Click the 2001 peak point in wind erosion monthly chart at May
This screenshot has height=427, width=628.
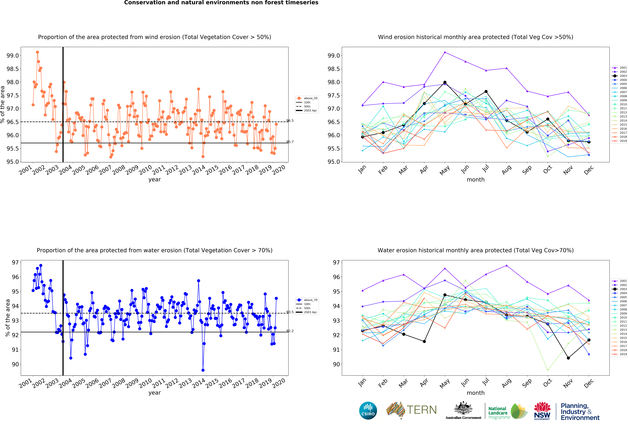pos(445,52)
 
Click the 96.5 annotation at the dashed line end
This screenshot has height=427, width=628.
pos(290,121)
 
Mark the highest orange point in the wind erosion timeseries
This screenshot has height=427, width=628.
pos(37,52)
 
